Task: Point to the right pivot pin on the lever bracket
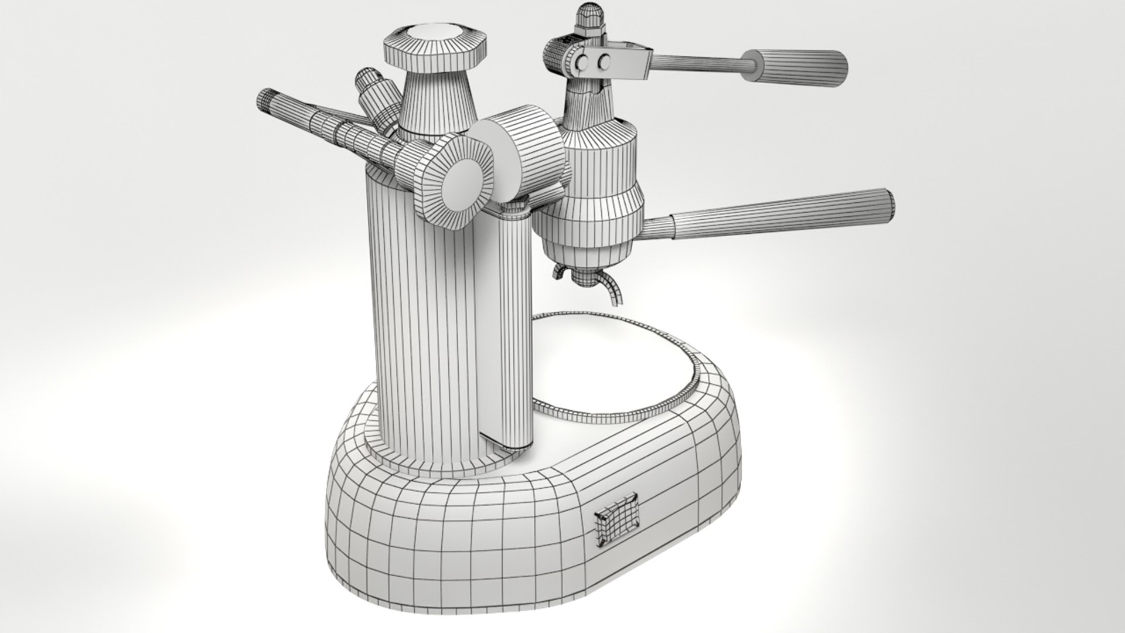pyautogui.click(x=604, y=60)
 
